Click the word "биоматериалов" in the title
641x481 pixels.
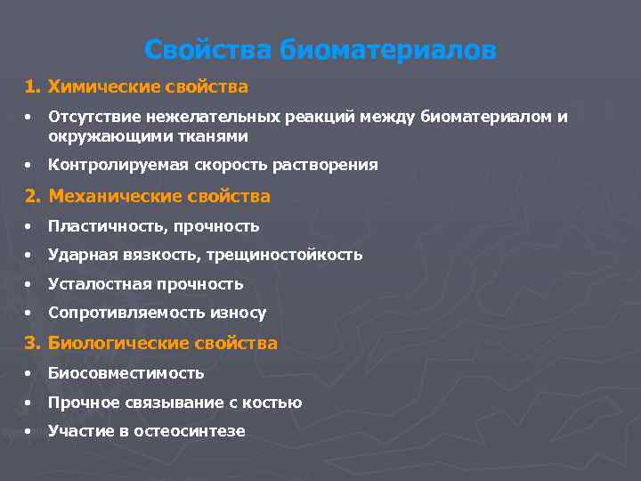click(x=388, y=50)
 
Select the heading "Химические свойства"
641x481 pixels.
click(x=148, y=87)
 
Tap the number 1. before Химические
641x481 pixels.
click(x=33, y=87)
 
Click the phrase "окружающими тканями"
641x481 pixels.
click(x=148, y=136)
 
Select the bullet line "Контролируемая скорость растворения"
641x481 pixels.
click(x=213, y=165)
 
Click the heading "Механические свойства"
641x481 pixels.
click(x=158, y=196)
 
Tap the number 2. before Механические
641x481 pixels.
click(x=33, y=196)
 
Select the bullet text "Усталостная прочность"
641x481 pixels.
click(x=145, y=284)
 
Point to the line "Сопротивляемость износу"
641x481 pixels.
click(x=157, y=313)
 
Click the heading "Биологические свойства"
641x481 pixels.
click(x=162, y=343)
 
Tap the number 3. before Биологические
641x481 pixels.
click(x=33, y=343)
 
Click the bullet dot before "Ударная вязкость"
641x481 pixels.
click(x=29, y=256)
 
